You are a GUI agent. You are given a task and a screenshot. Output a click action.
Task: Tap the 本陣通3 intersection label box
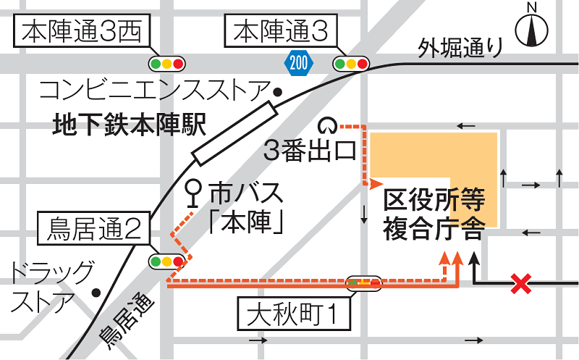pyautogui.click(x=282, y=32)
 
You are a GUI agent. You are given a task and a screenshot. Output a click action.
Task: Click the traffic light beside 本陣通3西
pyautogui.click(x=166, y=64)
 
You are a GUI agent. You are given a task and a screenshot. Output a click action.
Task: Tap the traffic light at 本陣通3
pyautogui.click(x=351, y=64)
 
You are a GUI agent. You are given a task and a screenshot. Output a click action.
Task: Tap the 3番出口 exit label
pyautogui.click(x=309, y=151)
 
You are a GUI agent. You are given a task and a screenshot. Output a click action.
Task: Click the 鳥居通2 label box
pyautogui.click(x=94, y=230)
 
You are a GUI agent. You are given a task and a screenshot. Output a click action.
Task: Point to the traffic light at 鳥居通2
pyautogui.click(x=166, y=261)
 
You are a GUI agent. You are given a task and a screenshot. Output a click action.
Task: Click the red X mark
pyautogui.click(x=519, y=283)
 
